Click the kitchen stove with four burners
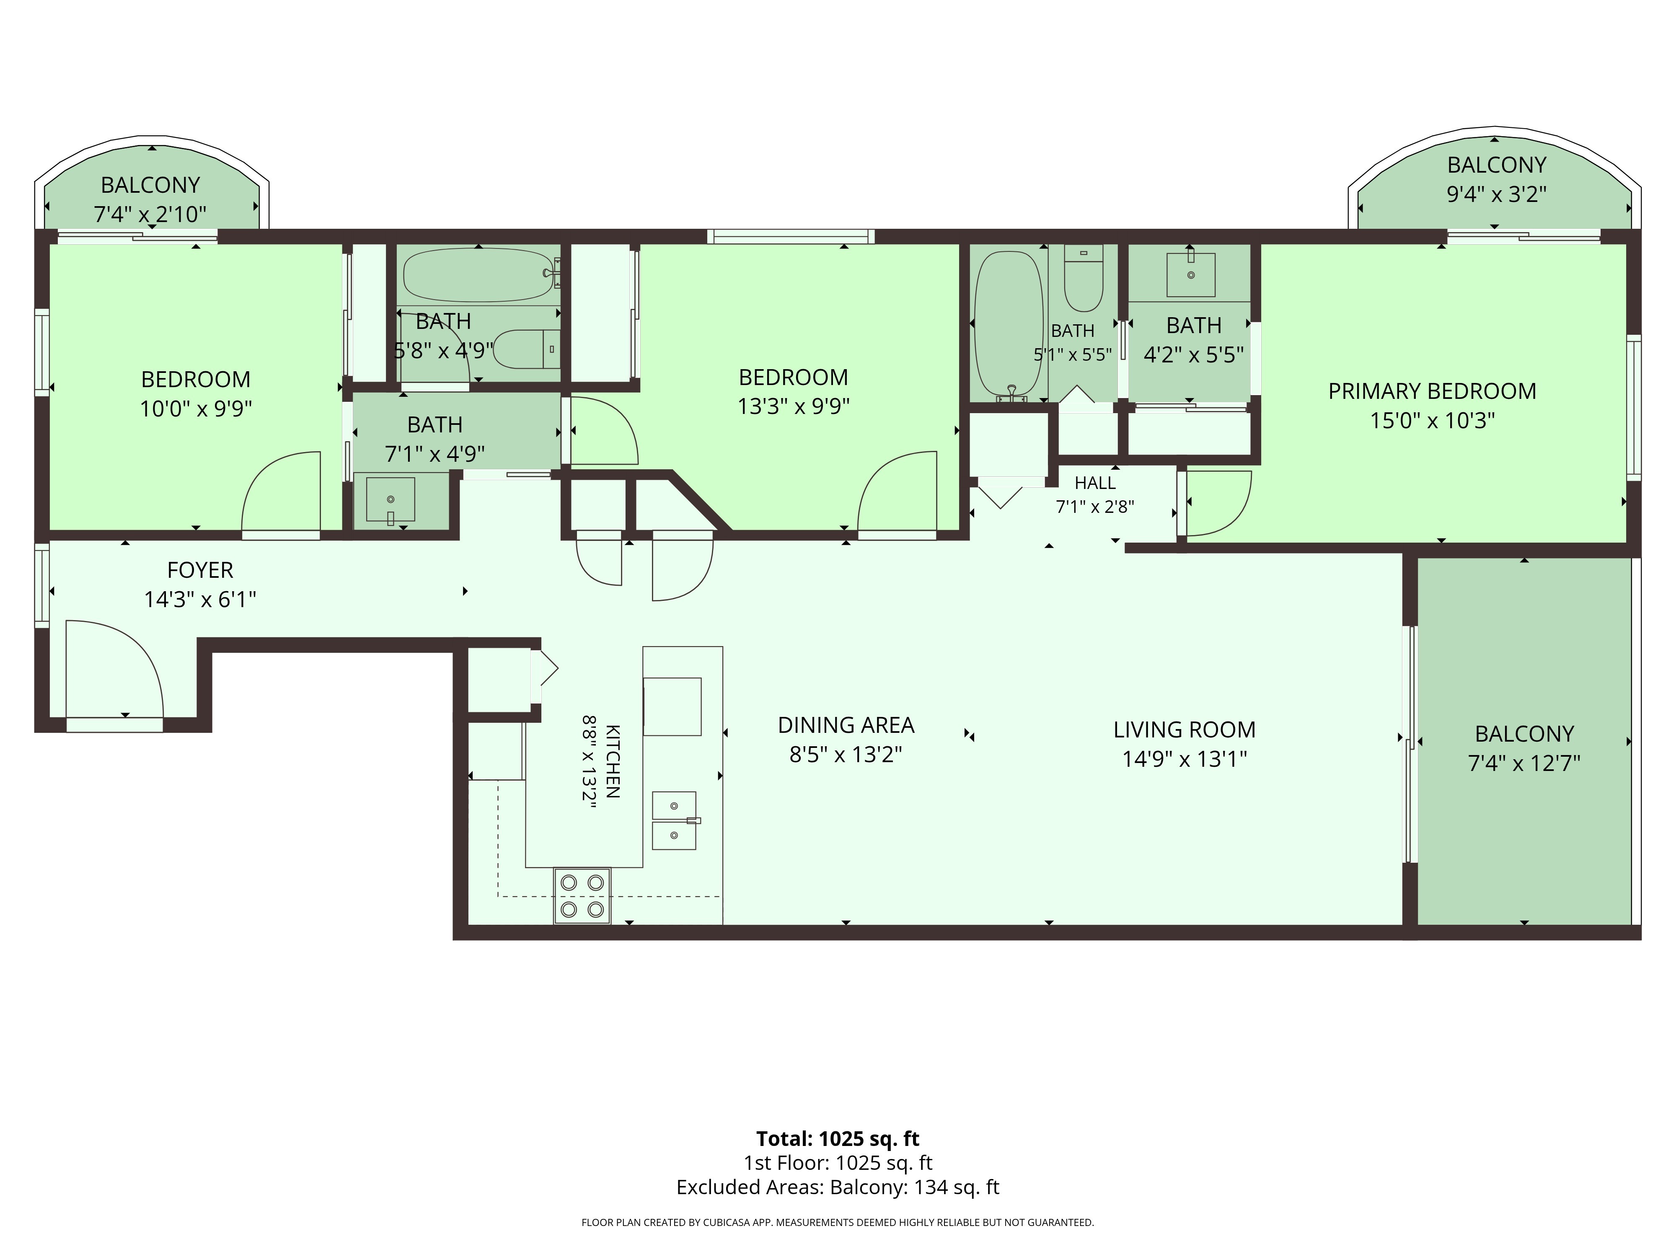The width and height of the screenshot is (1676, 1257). tap(582, 895)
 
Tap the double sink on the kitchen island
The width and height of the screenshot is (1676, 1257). tap(674, 820)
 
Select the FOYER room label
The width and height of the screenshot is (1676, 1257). tap(200, 570)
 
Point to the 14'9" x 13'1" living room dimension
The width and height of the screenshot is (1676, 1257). tap(1184, 758)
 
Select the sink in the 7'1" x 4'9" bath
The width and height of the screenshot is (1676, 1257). tap(390, 500)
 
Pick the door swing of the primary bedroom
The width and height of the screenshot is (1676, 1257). tap(1218, 503)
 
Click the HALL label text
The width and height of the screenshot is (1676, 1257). tap(1095, 483)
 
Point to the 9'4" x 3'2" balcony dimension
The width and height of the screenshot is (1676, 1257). tap(1496, 194)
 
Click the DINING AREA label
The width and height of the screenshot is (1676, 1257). tap(846, 725)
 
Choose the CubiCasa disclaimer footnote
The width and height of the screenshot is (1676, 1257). tap(837, 1222)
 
